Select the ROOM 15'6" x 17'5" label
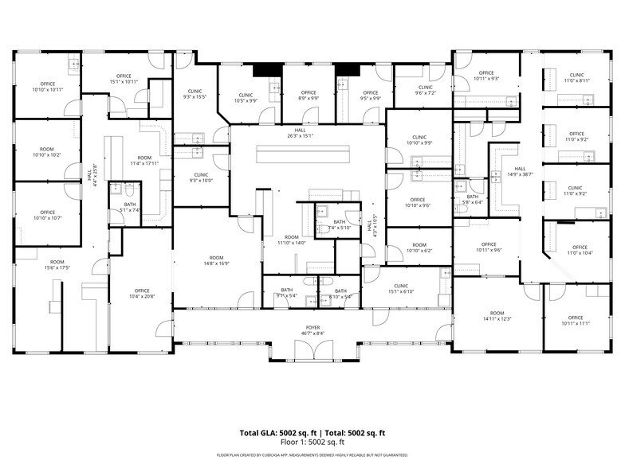[57, 264]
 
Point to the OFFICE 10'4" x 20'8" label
[143, 293]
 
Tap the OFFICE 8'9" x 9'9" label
[308, 96]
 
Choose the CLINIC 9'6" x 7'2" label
[426, 90]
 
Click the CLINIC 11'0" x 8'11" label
[577, 77]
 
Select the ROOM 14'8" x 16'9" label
[217, 260]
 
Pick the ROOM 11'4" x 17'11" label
[144, 160]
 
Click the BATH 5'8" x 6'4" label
[473, 199]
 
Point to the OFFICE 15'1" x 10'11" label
[124, 78]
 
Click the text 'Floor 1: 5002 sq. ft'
[312, 441]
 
